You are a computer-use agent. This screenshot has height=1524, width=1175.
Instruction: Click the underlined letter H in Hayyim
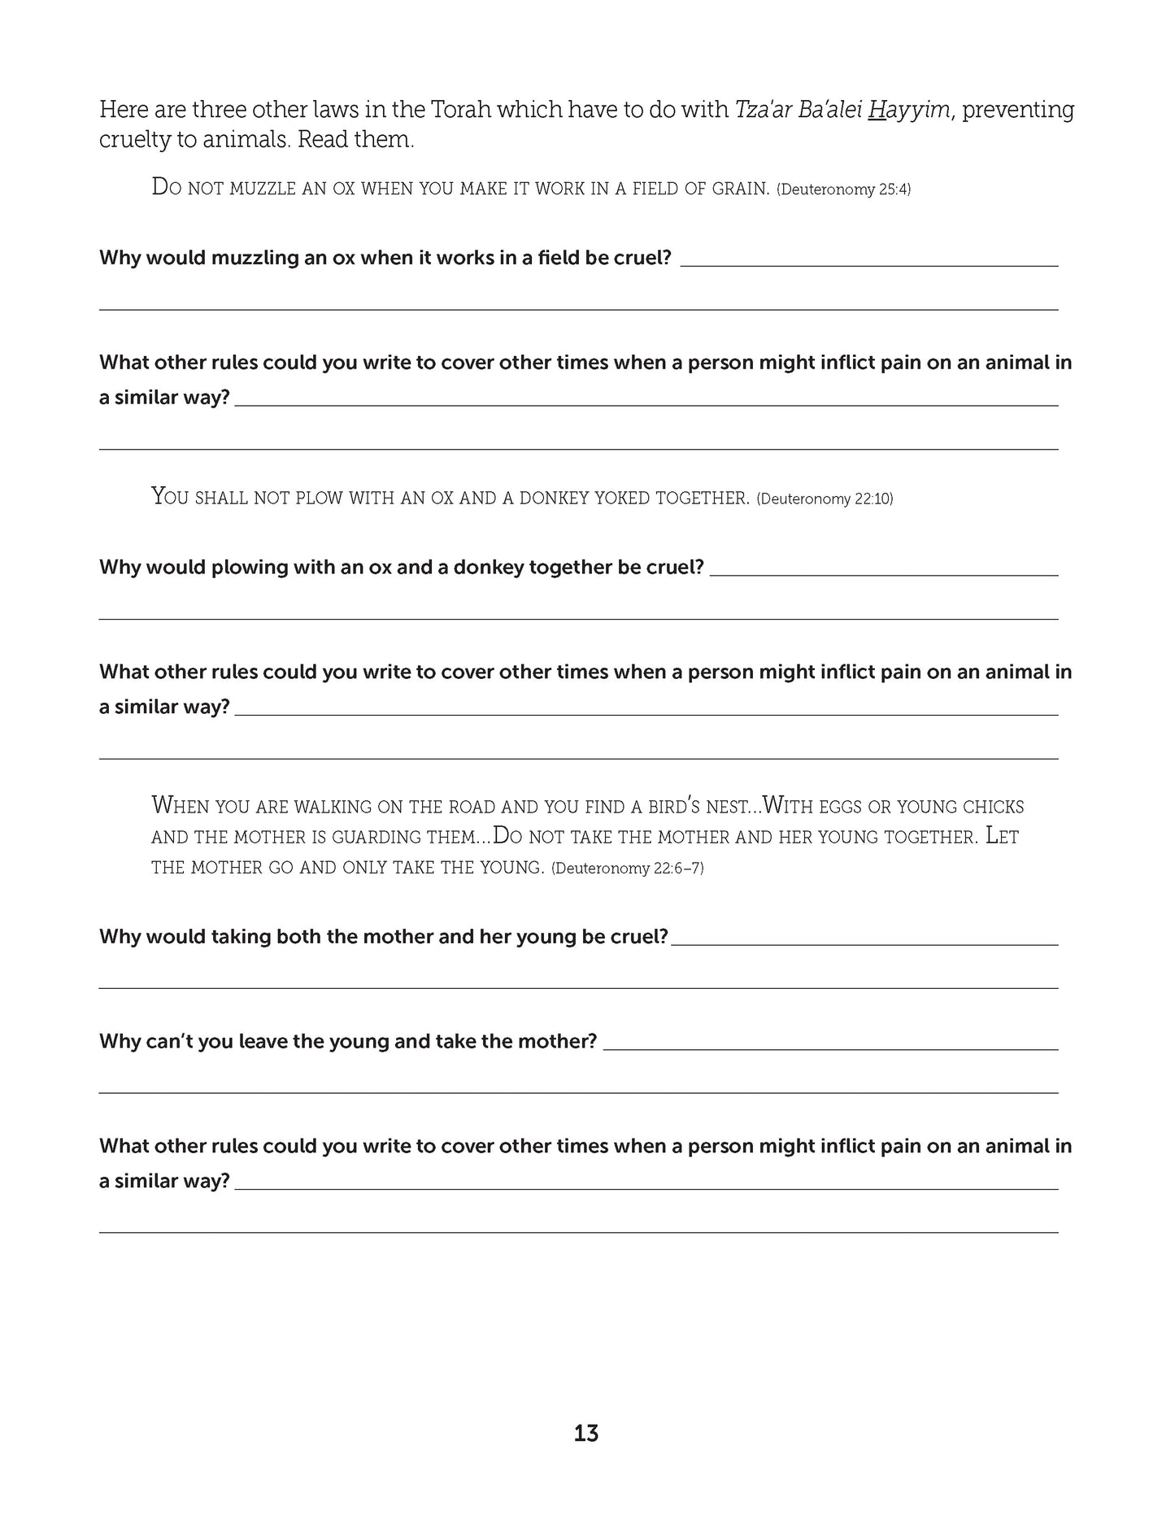(x=876, y=109)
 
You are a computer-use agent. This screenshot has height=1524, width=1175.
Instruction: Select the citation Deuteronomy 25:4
(x=844, y=189)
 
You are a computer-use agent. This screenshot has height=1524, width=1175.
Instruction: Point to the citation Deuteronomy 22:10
(x=825, y=499)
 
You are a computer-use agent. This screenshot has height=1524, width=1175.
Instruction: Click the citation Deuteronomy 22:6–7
(x=627, y=869)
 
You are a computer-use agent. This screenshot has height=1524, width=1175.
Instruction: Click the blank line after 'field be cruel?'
(x=869, y=265)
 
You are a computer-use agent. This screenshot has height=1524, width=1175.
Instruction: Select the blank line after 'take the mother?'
(x=830, y=1049)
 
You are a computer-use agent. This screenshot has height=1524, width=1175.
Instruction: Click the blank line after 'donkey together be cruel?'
(x=884, y=575)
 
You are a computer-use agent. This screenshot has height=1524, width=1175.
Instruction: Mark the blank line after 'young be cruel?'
(x=864, y=944)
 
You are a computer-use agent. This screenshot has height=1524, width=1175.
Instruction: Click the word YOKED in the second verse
(x=643, y=498)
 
